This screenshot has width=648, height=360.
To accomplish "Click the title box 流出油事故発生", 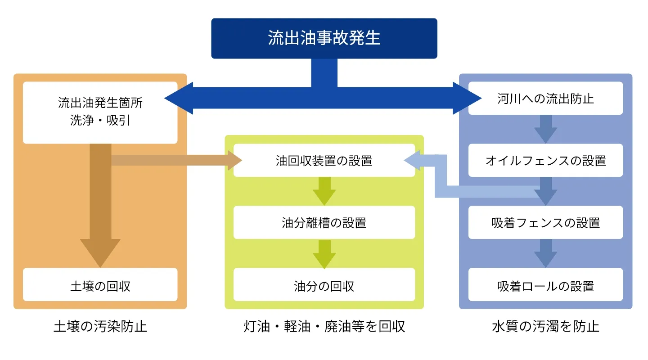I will pyautogui.click(x=324, y=38).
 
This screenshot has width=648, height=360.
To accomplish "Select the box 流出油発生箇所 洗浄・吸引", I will pyautogui.click(x=100, y=112).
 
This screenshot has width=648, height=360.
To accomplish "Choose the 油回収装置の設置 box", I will pyautogui.click(x=324, y=161).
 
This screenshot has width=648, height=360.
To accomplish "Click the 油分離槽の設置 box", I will pyautogui.click(x=324, y=223).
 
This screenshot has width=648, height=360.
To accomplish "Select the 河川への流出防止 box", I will pyautogui.click(x=545, y=99).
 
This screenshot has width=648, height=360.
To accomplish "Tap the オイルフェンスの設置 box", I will pyautogui.click(x=545, y=161).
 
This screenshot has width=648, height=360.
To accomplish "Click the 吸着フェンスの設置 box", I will pyautogui.click(x=545, y=223).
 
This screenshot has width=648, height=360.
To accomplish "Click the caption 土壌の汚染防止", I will pyautogui.click(x=100, y=326).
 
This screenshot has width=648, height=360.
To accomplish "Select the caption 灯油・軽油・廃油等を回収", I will pyautogui.click(x=324, y=326).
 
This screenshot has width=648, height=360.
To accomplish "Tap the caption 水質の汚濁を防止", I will pyautogui.click(x=545, y=326).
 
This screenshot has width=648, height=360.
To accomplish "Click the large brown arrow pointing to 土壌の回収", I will pyautogui.click(x=100, y=216).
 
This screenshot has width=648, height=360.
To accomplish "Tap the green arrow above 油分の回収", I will pyautogui.click(x=324, y=253).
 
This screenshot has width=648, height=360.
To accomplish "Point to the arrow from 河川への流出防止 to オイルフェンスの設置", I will pyautogui.click(x=545, y=129).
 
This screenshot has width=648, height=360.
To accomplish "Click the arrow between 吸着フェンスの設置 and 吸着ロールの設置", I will pyautogui.click(x=545, y=253).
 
